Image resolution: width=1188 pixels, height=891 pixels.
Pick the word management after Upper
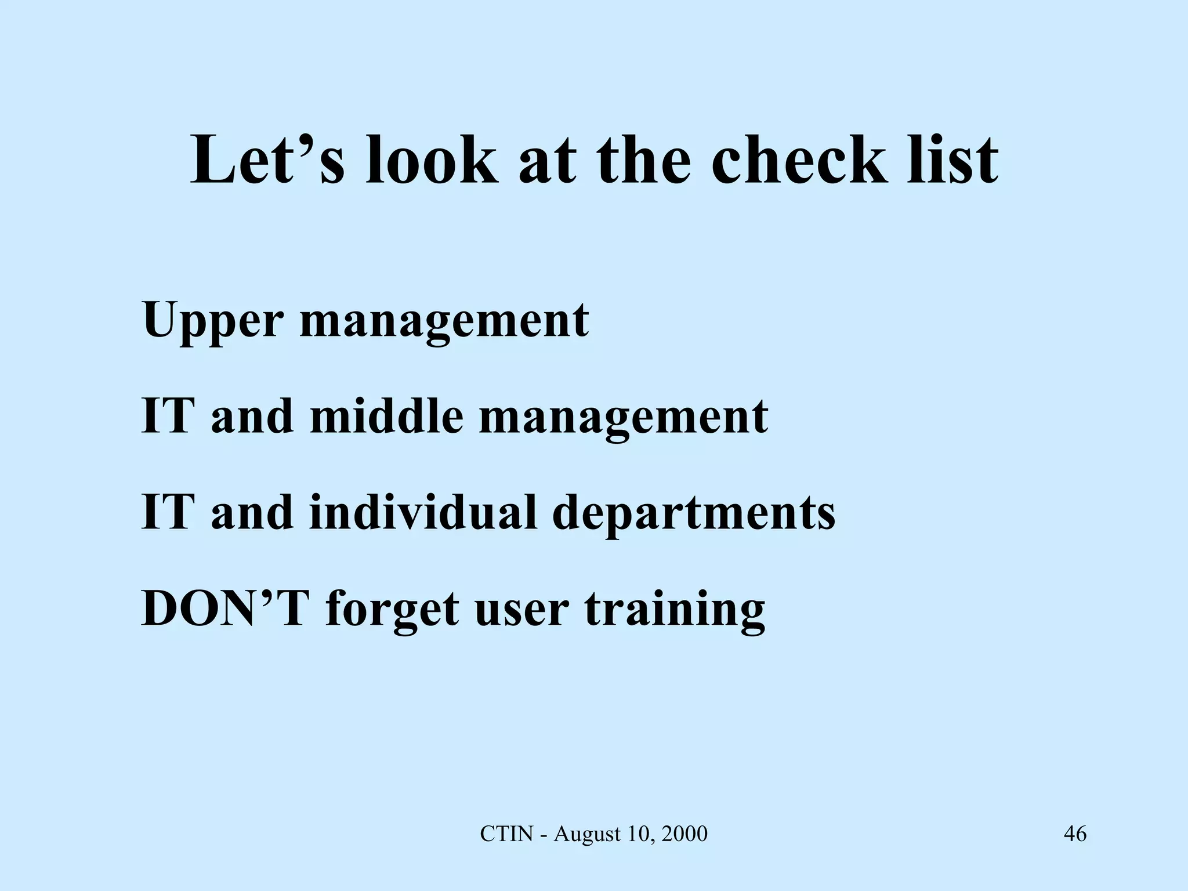click(x=444, y=321)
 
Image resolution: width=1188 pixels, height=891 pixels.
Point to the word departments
click(x=694, y=513)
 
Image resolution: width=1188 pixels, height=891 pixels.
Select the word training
click(x=675, y=610)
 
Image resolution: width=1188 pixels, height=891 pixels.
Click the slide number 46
click(x=1075, y=834)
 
